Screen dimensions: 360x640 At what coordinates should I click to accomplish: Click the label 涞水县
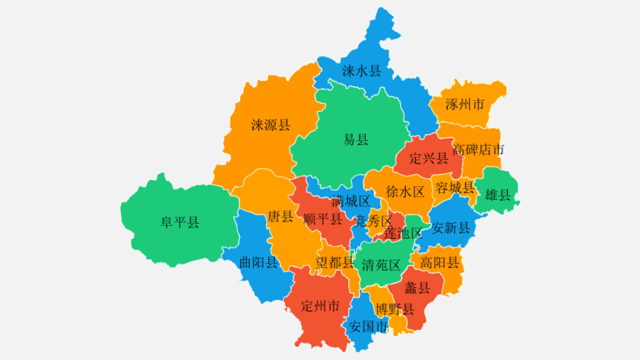pyautogui.click(x=362, y=72)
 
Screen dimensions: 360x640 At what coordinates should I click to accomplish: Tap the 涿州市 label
pyautogui.click(x=465, y=104)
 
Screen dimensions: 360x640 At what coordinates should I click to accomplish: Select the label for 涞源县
pyautogui.click(x=271, y=126)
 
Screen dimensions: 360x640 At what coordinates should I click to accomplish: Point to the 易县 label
pyautogui.click(x=356, y=140)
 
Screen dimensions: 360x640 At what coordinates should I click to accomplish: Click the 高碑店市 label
pyautogui.click(x=478, y=149)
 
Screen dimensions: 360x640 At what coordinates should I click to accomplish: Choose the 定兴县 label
pyautogui.click(x=429, y=159)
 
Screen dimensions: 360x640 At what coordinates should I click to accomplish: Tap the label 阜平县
pyautogui.click(x=180, y=222)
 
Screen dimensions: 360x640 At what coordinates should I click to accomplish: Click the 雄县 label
pyautogui.click(x=499, y=195)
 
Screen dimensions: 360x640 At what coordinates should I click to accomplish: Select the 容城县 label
pyautogui.click(x=455, y=188)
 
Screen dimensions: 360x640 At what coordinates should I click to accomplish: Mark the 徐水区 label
pyautogui.click(x=405, y=192)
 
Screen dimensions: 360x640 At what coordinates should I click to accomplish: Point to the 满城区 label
pyautogui.click(x=351, y=201)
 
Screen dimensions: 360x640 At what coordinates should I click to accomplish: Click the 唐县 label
pyautogui.click(x=280, y=217)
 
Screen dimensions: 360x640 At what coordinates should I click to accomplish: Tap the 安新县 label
pyautogui.click(x=451, y=228)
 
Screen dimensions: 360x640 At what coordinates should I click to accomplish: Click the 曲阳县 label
pyautogui.click(x=259, y=262)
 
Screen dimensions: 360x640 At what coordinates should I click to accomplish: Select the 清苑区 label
pyautogui.click(x=381, y=265)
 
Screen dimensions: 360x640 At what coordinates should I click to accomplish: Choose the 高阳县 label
pyautogui.click(x=440, y=263)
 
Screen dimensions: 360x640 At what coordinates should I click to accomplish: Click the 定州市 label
pyautogui.click(x=320, y=305)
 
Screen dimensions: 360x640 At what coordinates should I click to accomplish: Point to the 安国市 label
pyautogui.click(x=368, y=327)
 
